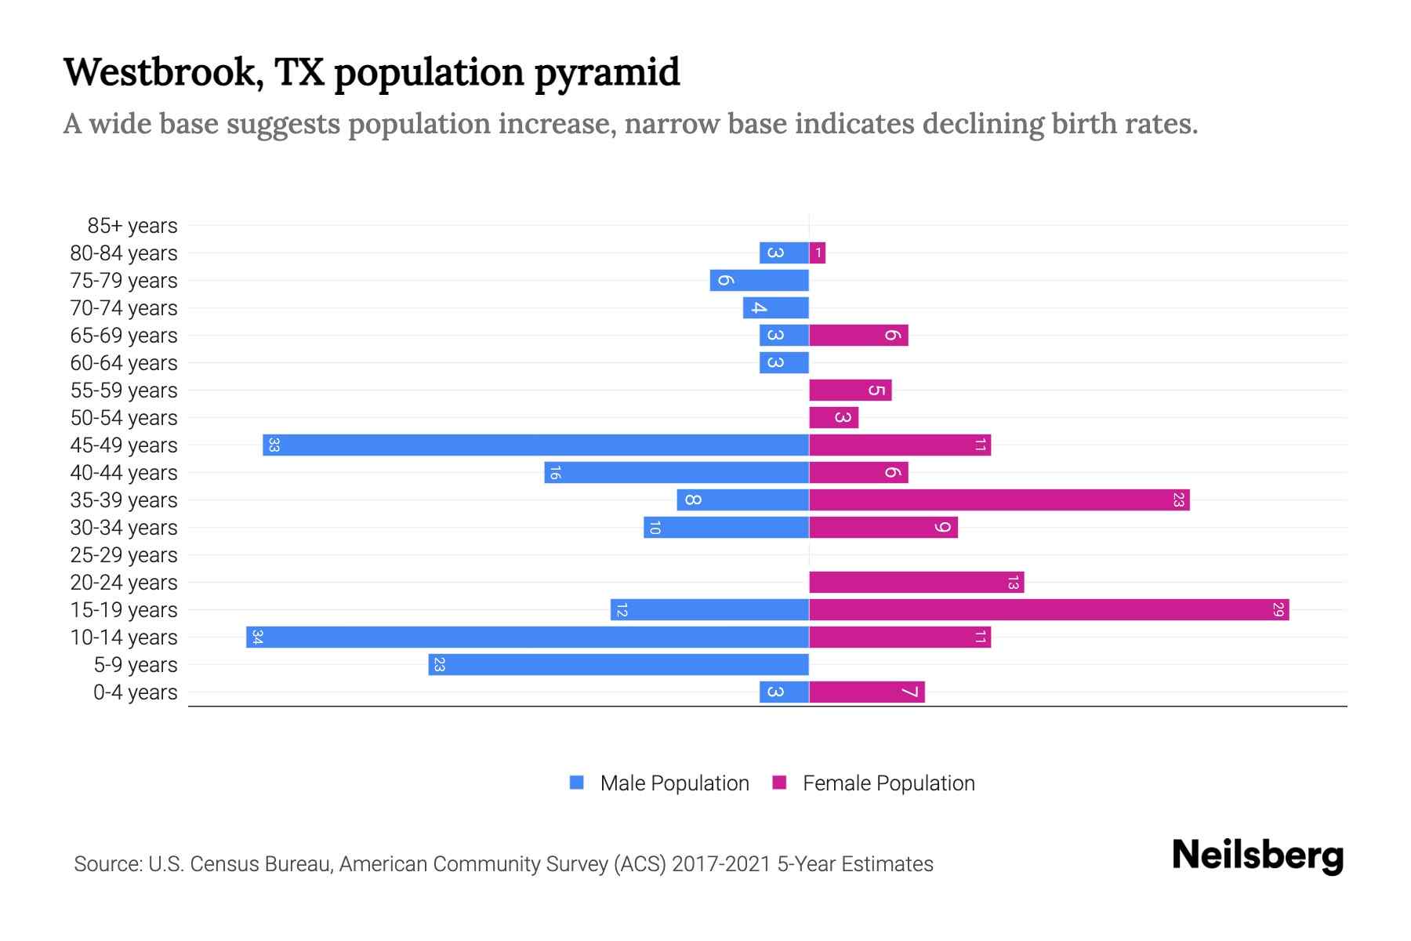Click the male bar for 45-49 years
(535, 445)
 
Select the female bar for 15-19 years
(1049, 610)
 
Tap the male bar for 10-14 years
(528, 638)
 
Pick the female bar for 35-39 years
(999, 500)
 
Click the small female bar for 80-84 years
(818, 253)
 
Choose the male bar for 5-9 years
(618, 665)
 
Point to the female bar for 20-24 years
(916, 583)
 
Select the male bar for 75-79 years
(759, 281)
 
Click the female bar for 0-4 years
(867, 692)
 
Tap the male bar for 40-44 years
(676, 473)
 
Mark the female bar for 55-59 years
(851, 391)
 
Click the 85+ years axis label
(132, 226)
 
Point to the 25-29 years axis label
(124, 555)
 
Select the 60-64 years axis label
(124, 363)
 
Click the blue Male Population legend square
(577, 783)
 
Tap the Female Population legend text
(888, 783)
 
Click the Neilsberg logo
(1257, 856)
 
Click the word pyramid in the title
(608, 73)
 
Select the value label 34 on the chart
(257, 638)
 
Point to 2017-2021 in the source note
(721, 864)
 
